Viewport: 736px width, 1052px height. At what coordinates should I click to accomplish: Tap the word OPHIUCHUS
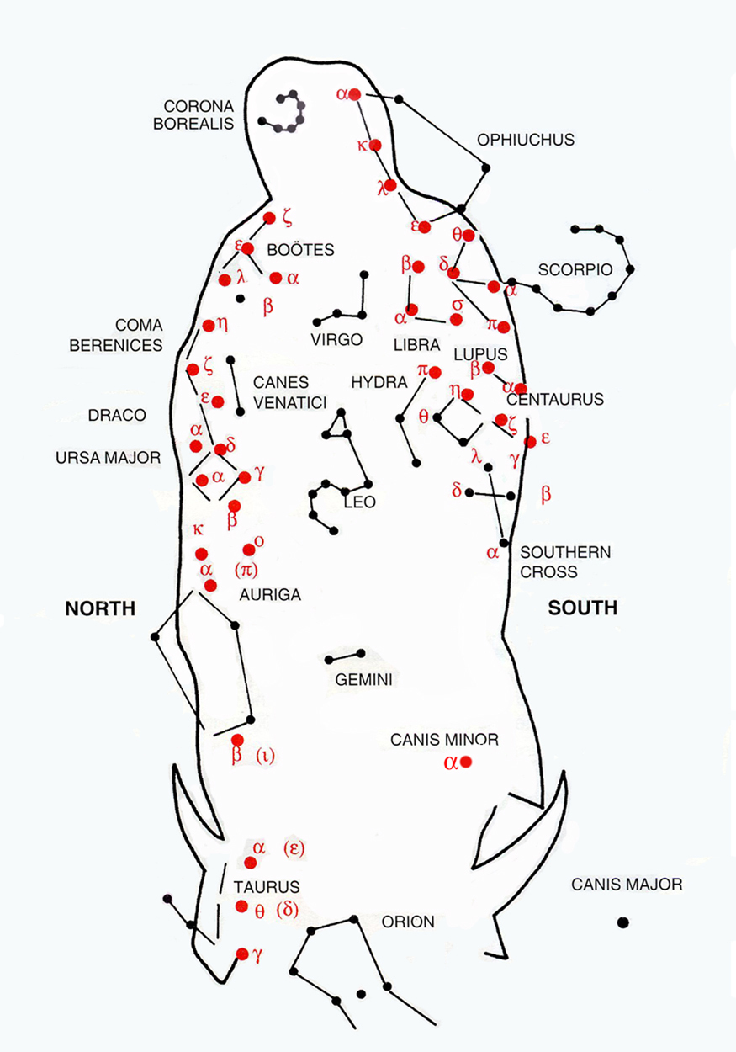tap(525, 140)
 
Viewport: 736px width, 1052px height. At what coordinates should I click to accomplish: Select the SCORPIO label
tap(572, 270)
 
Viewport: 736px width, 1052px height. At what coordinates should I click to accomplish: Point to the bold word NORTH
tap(100, 608)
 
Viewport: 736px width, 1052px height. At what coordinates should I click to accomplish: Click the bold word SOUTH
tap(583, 608)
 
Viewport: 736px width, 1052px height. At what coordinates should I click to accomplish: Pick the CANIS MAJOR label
tap(626, 885)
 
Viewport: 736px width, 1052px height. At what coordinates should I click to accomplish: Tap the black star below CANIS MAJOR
tap(622, 922)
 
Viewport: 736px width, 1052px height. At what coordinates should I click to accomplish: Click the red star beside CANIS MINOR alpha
tap(466, 762)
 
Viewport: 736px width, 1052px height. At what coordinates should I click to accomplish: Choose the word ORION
tap(408, 922)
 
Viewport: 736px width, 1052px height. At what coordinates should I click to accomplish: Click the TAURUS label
tap(267, 886)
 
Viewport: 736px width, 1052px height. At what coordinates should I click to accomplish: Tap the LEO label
tap(359, 502)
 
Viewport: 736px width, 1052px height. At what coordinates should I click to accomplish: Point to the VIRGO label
tap(336, 340)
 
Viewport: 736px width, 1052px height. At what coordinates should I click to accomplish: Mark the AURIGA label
tap(270, 595)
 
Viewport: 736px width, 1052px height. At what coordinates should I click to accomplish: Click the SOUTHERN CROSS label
tap(554, 562)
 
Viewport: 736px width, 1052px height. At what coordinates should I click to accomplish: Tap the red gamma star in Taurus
tap(242, 954)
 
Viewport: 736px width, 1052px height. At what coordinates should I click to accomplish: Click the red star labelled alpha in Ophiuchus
tap(355, 95)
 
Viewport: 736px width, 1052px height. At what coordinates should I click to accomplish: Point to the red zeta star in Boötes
tap(269, 218)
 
